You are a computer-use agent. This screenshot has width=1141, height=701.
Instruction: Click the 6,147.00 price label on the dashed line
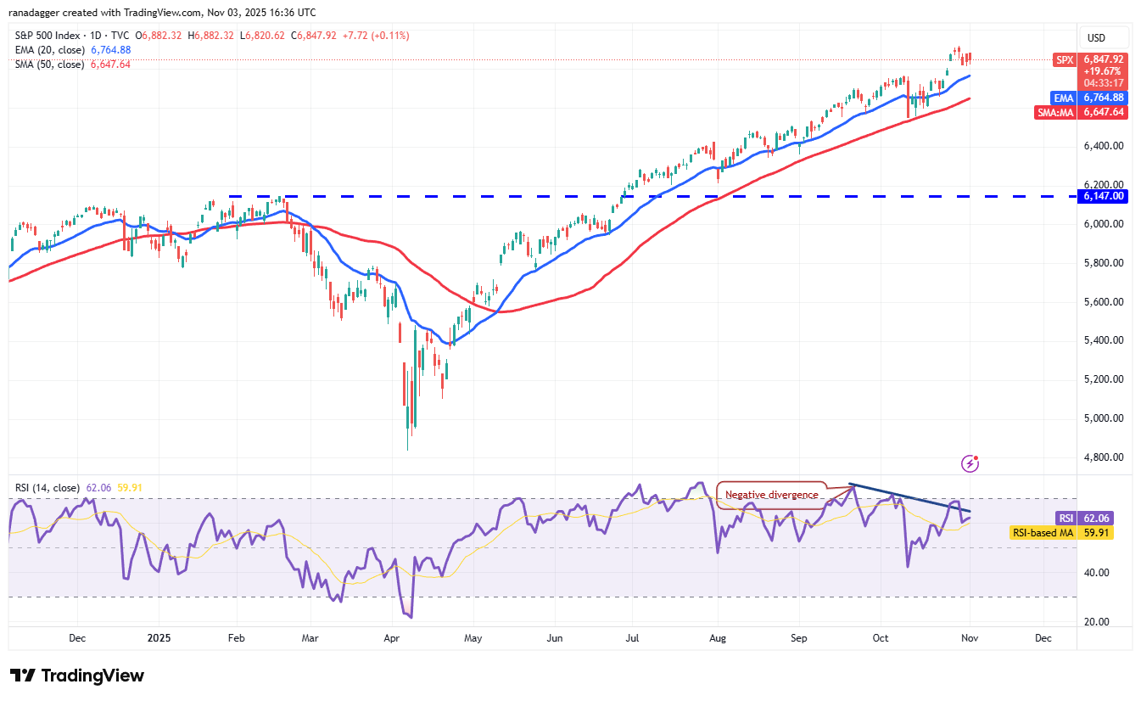pos(1103,196)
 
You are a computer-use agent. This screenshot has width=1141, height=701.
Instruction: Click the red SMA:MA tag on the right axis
pos(1054,112)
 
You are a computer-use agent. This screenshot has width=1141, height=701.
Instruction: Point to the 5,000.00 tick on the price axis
pos(1103,418)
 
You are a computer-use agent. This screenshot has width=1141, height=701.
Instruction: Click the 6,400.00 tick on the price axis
pos(1103,146)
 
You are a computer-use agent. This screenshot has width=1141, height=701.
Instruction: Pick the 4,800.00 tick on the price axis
pos(1103,457)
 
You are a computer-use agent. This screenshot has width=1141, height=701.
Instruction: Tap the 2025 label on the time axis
pos(159,637)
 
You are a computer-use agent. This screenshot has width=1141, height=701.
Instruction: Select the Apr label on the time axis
pos(391,637)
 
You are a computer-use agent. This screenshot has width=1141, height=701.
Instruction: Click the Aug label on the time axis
pos(718,637)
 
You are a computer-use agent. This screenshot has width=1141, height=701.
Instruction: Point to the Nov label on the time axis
pos(969,637)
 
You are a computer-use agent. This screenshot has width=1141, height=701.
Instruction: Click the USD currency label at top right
pos(1096,37)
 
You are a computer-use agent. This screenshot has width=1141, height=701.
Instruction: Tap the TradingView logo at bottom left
pos(77,676)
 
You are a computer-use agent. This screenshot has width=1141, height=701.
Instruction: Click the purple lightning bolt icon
pos(970,463)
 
